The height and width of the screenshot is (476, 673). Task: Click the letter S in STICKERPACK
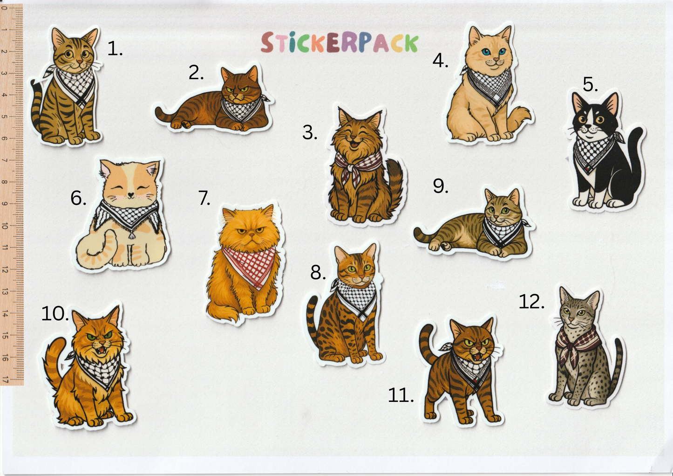[x=267, y=43]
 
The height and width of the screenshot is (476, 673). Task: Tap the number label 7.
[x=204, y=198]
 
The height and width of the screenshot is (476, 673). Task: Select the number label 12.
[x=531, y=302]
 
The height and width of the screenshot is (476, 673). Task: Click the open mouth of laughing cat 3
[x=355, y=145]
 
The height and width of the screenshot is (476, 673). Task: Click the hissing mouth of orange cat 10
[x=102, y=350]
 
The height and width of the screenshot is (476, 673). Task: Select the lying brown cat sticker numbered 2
[x=213, y=99]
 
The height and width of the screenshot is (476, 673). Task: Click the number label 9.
[x=441, y=186]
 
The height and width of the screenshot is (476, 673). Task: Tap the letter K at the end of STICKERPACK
[x=411, y=43]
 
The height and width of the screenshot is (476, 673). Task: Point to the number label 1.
[x=115, y=48]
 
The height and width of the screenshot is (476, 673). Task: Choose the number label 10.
[x=55, y=314]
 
